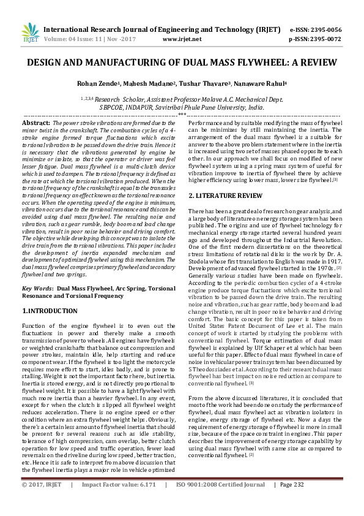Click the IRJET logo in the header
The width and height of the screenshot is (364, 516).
click(x=30, y=33)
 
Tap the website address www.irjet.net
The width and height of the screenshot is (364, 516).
click(x=182, y=39)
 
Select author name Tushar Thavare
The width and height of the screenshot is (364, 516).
click(x=202, y=84)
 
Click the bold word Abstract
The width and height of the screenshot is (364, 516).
click(x=36, y=123)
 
